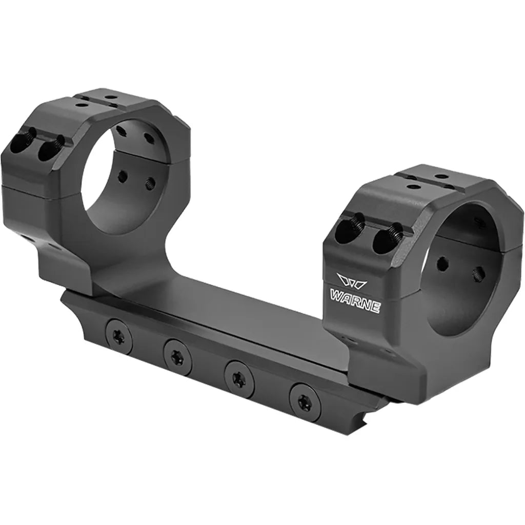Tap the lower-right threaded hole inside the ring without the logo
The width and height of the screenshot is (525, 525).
[150, 183]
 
